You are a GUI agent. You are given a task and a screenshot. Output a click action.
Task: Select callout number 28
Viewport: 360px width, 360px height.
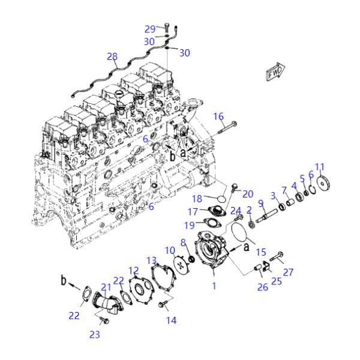(x=112, y=57)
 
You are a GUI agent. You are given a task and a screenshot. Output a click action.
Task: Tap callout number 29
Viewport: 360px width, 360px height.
(x=150, y=28)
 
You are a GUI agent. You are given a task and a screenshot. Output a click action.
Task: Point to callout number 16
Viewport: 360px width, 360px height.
(x=218, y=116)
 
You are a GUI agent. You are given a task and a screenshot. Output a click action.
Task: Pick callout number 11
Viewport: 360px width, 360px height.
(x=319, y=166)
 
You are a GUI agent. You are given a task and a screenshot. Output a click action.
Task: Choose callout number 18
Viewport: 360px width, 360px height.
(x=197, y=198)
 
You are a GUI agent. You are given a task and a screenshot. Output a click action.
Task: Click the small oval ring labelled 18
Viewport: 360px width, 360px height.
(x=221, y=196)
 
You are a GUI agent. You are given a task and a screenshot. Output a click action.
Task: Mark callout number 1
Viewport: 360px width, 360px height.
(x=214, y=286)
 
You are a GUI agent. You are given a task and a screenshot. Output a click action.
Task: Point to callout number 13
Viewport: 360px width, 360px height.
(x=152, y=260)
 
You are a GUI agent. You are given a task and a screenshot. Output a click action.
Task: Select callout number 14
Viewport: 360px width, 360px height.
(x=172, y=320)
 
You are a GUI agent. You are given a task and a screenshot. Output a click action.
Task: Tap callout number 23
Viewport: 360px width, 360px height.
(x=95, y=335)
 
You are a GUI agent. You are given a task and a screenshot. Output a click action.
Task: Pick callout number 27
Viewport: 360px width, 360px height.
(x=289, y=272)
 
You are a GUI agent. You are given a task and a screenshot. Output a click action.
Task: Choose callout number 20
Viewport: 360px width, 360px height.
(x=248, y=193)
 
